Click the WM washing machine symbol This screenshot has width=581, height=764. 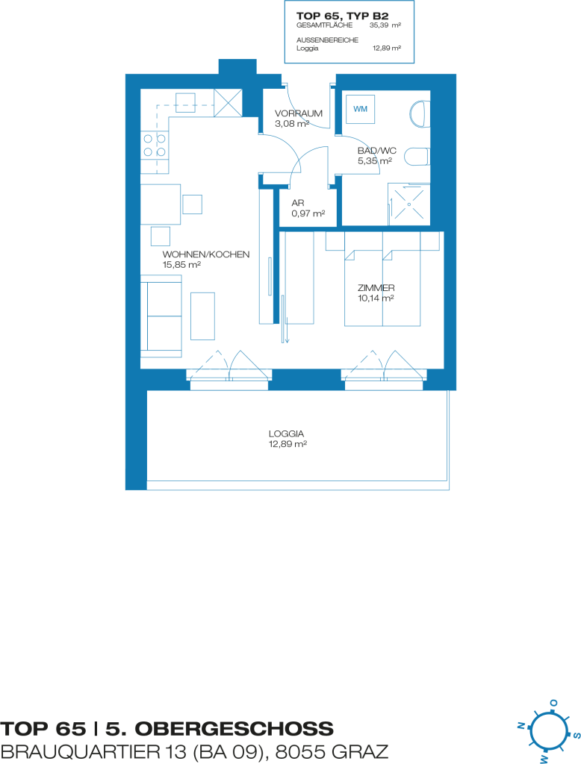point(361,109)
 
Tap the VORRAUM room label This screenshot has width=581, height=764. point(299,113)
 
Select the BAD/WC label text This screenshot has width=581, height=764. point(377,151)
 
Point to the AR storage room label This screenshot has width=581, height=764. point(297,203)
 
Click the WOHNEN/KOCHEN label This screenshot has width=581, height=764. point(206,254)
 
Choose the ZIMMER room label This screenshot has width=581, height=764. point(376,288)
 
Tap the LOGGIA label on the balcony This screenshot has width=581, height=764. point(286,433)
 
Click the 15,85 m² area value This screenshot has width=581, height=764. point(181,265)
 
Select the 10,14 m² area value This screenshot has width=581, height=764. point(376,298)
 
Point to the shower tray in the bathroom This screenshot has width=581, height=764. point(408,204)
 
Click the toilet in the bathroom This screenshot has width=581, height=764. point(417,157)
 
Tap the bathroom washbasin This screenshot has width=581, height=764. point(420,114)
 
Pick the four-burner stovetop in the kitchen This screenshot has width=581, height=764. point(155,145)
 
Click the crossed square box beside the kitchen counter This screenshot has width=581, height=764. point(228,103)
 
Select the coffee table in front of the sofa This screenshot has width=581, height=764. point(202,316)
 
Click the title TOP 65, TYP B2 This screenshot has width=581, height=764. point(343,16)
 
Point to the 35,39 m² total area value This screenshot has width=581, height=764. point(385,25)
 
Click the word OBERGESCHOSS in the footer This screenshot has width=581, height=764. point(234,729)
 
